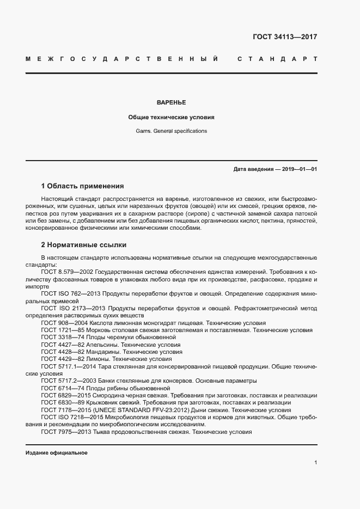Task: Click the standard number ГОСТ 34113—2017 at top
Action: tap(285, 38)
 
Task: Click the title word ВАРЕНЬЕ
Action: tap(171, 102)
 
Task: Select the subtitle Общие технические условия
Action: tap(171, 117)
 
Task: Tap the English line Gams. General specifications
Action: tap(171, 131)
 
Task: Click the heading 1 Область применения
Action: tap(82, 186)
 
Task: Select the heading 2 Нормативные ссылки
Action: tap(83, 244)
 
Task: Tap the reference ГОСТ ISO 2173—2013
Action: tap(71, 308)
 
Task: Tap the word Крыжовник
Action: tap(105, 403)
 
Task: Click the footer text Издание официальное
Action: tap(56, 453)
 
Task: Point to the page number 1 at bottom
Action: tap(315, 463)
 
